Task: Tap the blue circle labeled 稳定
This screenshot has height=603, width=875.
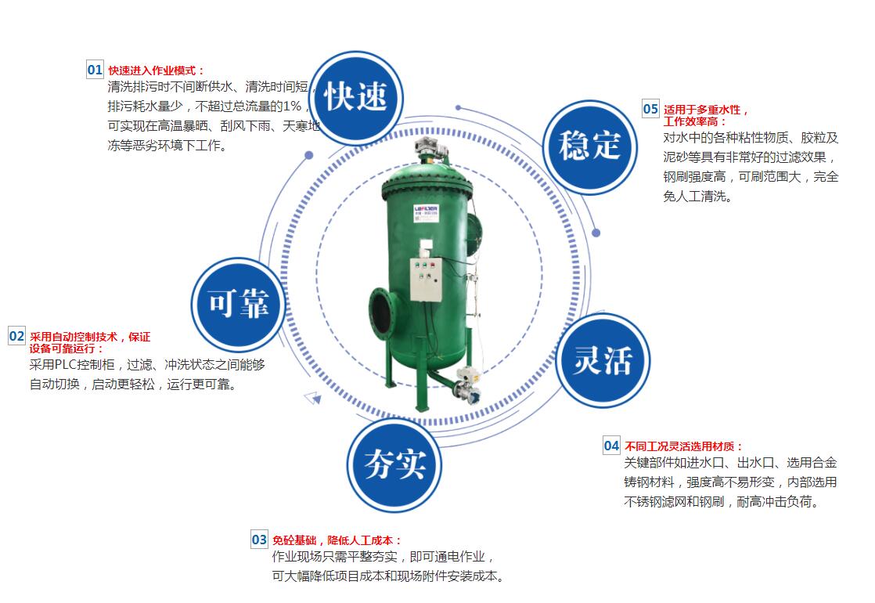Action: pos(589,145)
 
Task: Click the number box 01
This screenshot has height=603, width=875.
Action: pos(95,70)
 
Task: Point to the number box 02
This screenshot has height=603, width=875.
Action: pos(16,336)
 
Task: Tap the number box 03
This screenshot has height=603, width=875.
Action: pos(259,540)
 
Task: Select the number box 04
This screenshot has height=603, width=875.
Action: pos(611,446)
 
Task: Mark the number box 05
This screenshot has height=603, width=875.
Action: pos(650,109)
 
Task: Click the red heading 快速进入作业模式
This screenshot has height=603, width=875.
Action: pos(156,70)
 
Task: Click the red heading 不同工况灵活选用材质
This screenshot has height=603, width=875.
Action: pos(683,446)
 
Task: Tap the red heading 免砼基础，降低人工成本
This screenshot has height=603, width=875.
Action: pos(337,540)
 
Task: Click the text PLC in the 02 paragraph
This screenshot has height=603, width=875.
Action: pos(68,365)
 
